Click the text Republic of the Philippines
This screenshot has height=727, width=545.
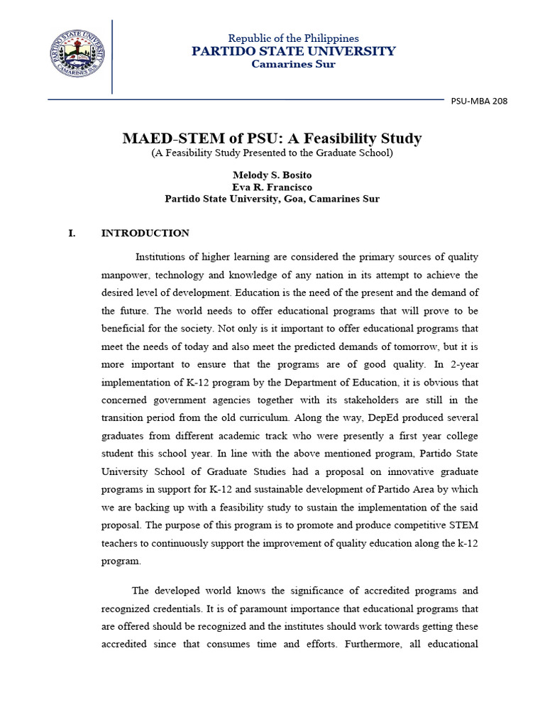293,38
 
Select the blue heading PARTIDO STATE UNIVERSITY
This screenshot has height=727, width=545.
293,51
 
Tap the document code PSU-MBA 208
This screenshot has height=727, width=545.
479,101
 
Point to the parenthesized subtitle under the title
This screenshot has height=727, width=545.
272,153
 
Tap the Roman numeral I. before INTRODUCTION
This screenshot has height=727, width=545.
72,233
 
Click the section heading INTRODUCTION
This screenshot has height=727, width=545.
145,233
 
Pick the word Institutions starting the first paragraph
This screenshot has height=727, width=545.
163,256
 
